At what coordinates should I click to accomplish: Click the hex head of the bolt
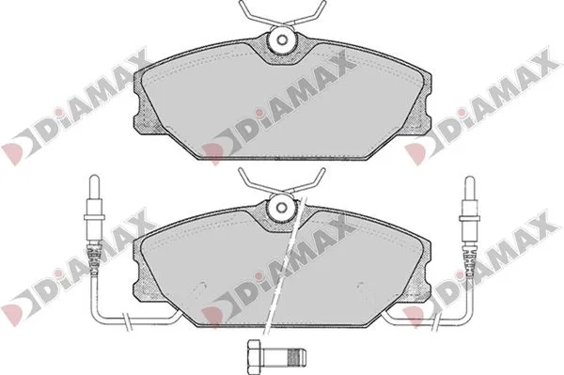254,356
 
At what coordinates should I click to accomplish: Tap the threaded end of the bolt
298,357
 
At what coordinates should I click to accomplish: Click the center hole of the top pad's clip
283,39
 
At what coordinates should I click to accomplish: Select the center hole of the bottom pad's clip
282,207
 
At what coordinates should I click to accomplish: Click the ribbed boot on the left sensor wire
94,259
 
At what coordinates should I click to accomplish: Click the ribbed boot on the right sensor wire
469,259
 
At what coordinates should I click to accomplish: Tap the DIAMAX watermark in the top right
482,107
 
